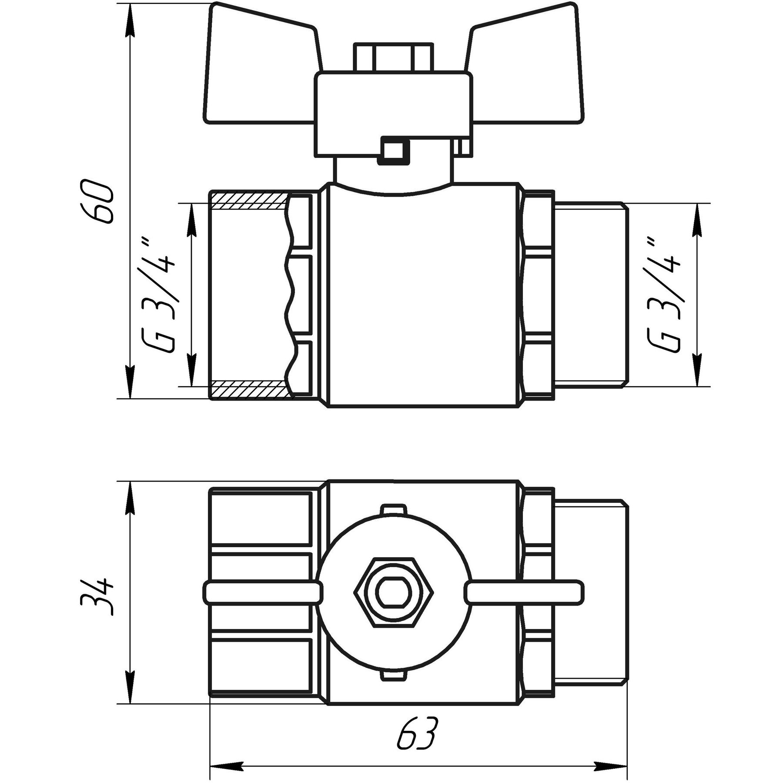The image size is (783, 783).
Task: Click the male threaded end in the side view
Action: [592, 295]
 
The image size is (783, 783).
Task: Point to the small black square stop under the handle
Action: [393, 151]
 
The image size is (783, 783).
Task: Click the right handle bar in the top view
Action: [524, 592]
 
